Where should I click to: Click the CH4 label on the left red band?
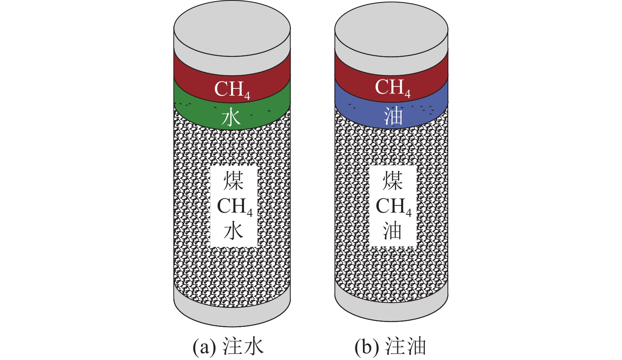pyautogui.click(x=232, y=89)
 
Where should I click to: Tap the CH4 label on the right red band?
pyautogui.click(x=393, y=88)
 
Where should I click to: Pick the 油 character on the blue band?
pyautogui.click(x=393, y=116)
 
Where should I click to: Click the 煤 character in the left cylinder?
pyautogui.click(x=234, y=181)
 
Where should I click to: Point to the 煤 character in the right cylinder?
pyautogui.click(x=393, y=181)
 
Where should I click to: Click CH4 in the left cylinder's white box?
pyautogui.click(x=235, y=207)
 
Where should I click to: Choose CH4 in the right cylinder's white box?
pyautogui.click(x=393, y=207)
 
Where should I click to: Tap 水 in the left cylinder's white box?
pyautogui.click(x=233, y=231)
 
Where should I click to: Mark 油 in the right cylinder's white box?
pyautogui.click(x=393, y=231)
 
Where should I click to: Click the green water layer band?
pyautogui.click(x=269, y=115)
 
